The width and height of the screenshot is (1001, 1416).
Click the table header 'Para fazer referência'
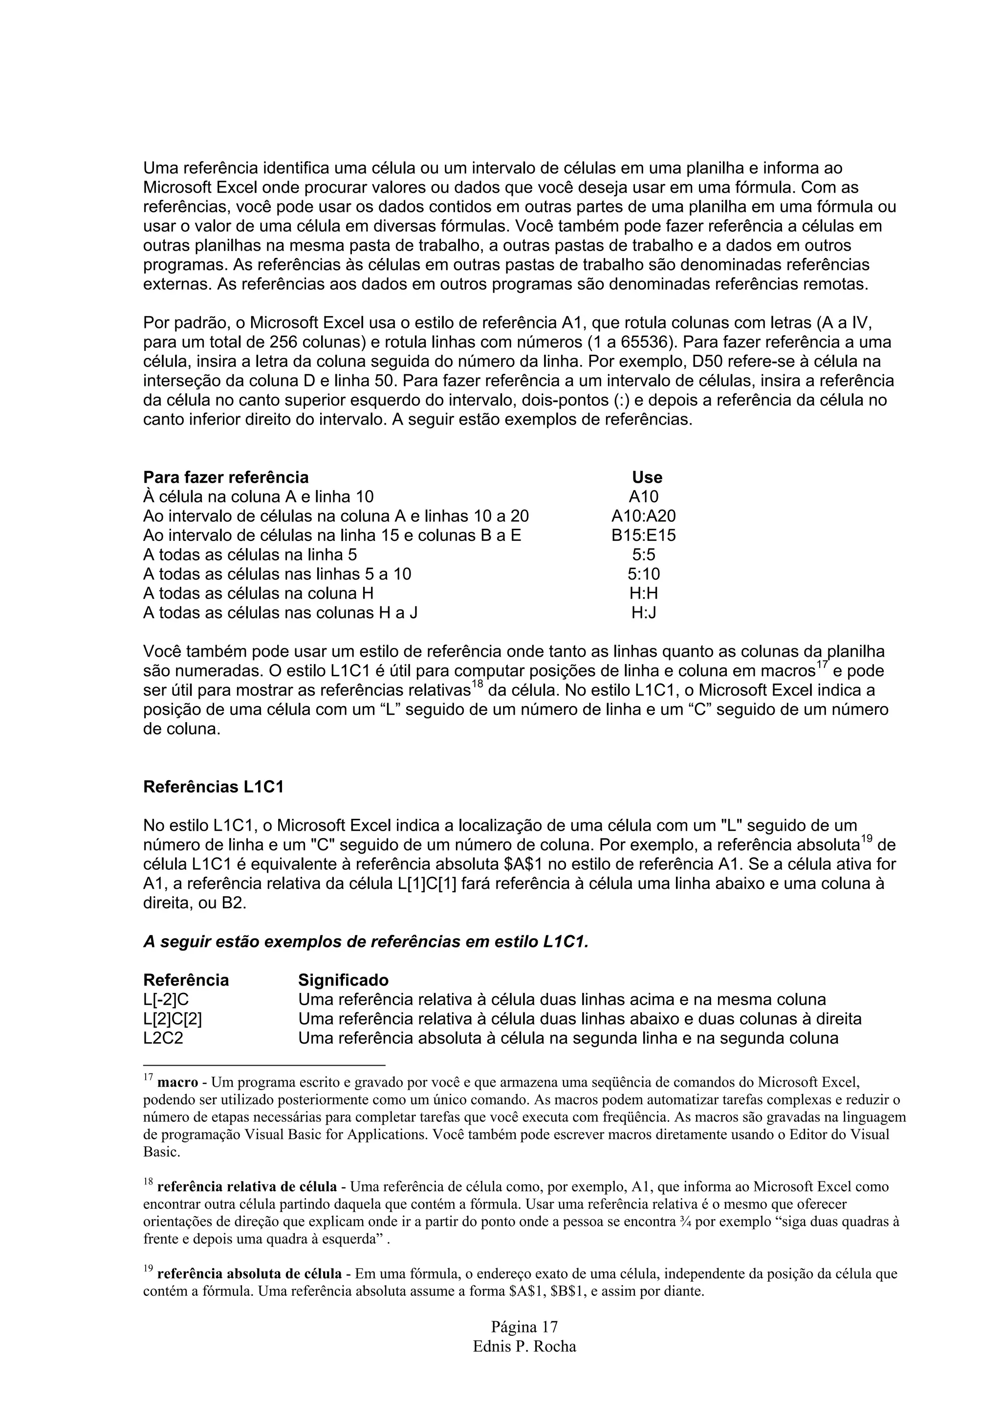[x=226, y=477]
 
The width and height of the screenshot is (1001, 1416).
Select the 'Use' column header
[x=647, y=477]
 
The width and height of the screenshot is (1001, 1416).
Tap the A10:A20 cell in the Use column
[x=643, y=516]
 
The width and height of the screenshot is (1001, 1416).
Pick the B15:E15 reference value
[x=643, y=536]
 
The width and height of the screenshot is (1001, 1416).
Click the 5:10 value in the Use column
[x=643, y=574]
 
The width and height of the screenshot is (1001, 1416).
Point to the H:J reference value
[x=643, y=613]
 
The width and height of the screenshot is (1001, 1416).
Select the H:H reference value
[x=643, y=593]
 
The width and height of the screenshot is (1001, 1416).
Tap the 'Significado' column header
[x=344, y=980]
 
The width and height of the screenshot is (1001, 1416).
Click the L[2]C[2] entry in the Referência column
[x=173, y=1019]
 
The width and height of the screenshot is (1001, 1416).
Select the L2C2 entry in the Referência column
[x=163, y=1038]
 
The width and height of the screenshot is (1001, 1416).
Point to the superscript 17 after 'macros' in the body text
[x=822, y=665]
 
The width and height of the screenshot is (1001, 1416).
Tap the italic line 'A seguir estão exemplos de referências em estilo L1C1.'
[x=366, y=942]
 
